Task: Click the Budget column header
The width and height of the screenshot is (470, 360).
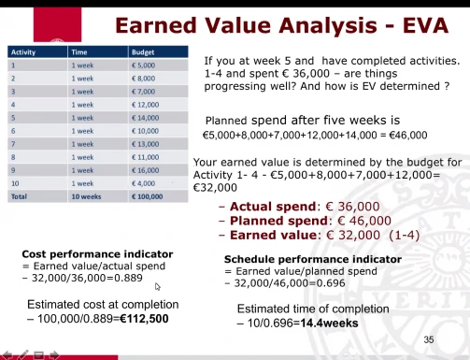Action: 143,52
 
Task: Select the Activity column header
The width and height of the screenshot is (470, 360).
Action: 23,52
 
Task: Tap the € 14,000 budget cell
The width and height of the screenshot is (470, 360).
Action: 145,118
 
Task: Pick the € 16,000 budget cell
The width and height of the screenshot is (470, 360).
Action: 145,170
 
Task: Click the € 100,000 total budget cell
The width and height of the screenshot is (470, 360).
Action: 147,196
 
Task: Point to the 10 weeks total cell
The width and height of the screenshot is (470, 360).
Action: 86,196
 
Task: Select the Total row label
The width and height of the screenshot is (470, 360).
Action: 19,196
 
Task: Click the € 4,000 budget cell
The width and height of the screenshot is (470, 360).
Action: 143,183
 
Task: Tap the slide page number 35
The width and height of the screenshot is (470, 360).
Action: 429,339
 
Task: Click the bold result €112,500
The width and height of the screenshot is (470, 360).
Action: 144,319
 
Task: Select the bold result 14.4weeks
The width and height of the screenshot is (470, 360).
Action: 329,323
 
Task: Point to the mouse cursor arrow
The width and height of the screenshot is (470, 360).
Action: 157,286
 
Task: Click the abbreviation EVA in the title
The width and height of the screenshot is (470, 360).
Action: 425,25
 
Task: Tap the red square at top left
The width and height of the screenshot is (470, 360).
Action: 57,24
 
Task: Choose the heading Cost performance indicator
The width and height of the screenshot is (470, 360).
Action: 97,254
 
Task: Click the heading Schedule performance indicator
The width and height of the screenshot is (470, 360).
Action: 313,259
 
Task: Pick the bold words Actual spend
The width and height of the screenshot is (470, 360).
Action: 273,207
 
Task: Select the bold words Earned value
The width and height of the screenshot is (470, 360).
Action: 273,235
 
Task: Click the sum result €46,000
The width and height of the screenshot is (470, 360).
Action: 408,135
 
